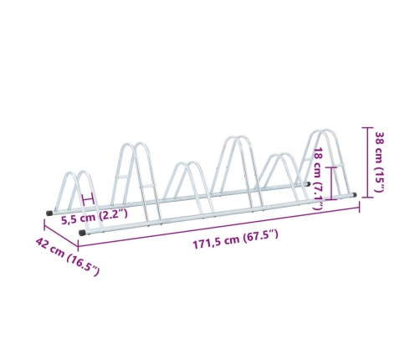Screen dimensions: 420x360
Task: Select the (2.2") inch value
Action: click(x=111, y=215)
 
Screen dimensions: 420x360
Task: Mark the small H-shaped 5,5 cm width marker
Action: click(x=88, y=199)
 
